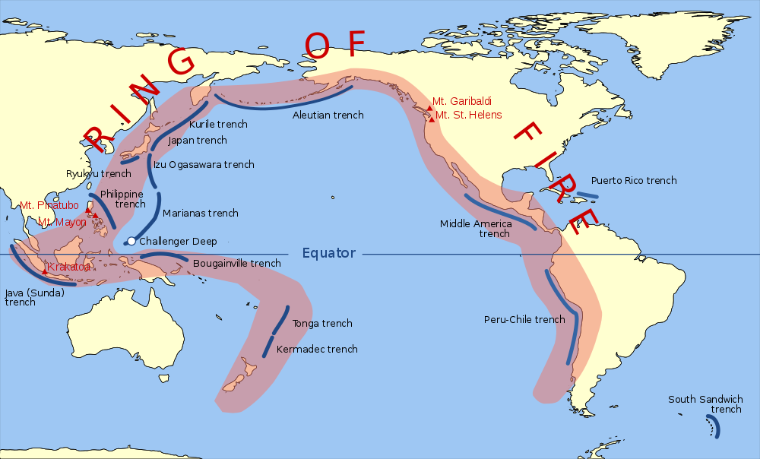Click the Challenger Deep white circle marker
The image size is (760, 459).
point(131,241)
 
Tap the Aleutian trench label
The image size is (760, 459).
point(328,116)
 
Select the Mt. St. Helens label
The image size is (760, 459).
point(468,115)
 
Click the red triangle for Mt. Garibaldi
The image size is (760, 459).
point(429,108)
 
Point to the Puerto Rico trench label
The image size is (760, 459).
point(634,181)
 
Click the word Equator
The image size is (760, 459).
point(328,253)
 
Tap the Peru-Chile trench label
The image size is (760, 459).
point(524,319)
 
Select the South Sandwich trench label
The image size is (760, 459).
point(705,404)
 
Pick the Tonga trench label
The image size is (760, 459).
point(322,324)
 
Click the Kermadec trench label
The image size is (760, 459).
point(317,350)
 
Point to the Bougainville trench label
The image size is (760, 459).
point(237,264)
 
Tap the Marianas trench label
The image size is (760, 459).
point(201,214)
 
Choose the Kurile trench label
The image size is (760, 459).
point(218,124)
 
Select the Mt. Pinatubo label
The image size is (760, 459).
point(49,205)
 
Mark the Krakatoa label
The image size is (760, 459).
point(69,267)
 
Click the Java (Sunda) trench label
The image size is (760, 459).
point(35,297)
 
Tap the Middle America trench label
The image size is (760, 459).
point(476,229)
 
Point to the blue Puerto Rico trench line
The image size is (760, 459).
point(585,195)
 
